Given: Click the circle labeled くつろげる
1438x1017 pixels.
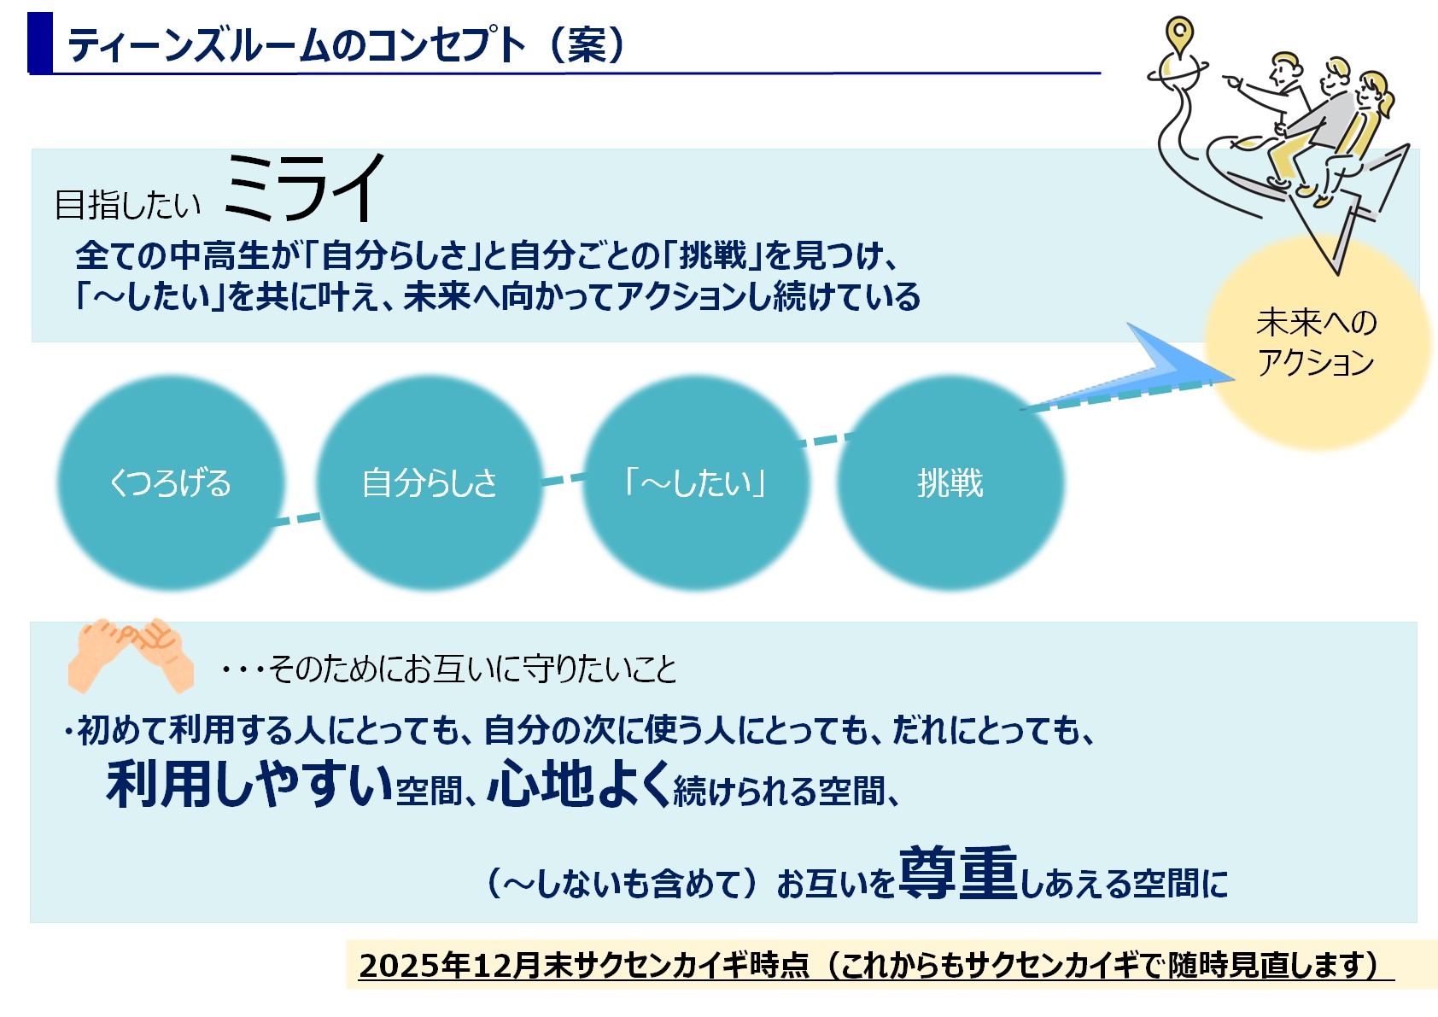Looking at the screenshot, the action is tap(171, 482).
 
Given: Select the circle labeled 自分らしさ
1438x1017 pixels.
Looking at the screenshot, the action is tap(430, 482).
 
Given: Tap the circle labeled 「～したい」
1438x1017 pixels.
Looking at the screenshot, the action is tap(696, 482).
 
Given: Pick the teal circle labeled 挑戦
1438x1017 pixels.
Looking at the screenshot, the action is tap(950, 482).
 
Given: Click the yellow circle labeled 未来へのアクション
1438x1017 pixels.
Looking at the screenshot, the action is tap(1316, 342).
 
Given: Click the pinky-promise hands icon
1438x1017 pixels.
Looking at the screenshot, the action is tap(131, 656).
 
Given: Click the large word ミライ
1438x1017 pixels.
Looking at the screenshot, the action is tap(304, 188).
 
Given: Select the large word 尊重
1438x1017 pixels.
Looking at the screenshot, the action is tap(958, 874).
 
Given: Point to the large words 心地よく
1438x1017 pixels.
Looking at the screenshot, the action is tap(579, 783).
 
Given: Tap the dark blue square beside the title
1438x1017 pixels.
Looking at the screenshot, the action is tap(40, 43).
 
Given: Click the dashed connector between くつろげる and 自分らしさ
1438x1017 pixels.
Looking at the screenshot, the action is tap(296, 519).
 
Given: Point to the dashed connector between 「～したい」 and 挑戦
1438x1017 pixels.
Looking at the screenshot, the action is tap(827, 439).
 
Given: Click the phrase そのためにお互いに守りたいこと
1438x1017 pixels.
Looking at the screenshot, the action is tap(472, 669).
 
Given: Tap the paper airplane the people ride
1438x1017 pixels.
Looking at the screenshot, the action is tap(1336, 206).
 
